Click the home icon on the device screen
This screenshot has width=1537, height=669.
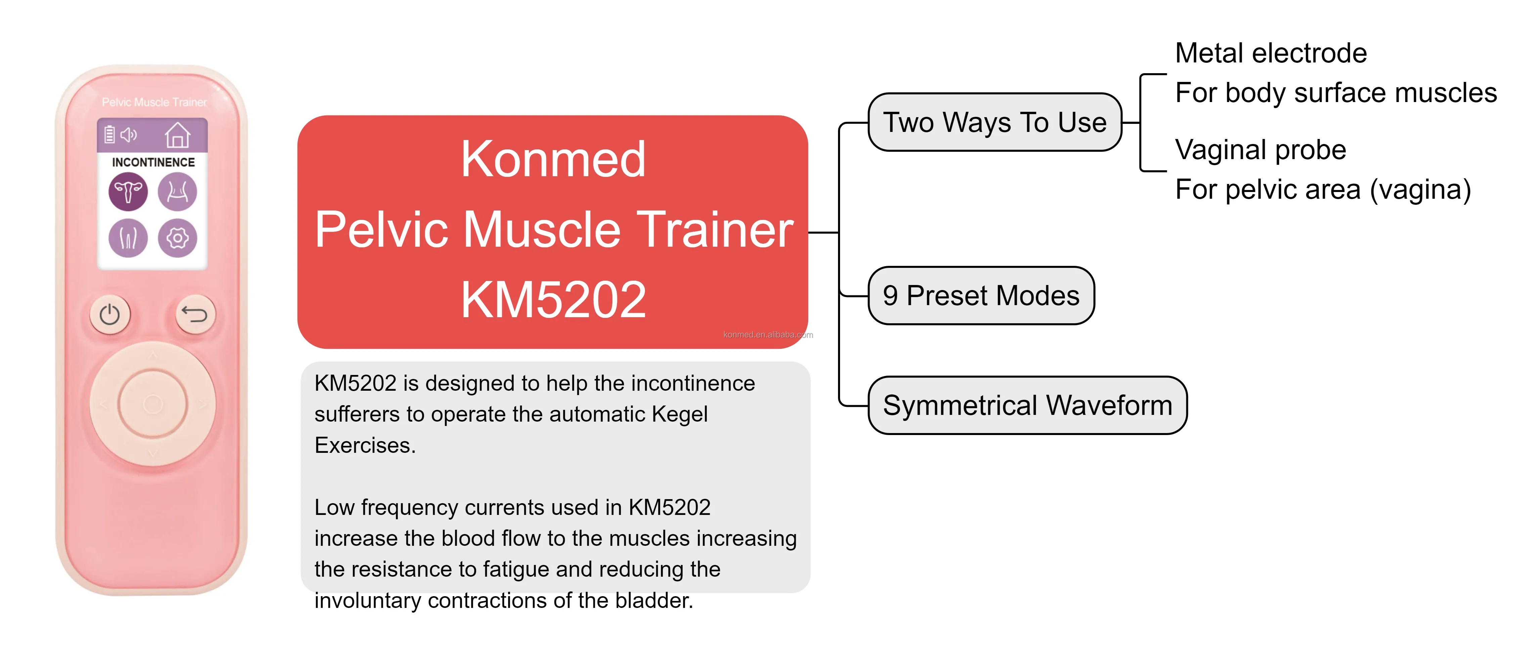click(x=177, y=135)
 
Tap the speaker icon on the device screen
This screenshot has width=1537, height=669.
click(x=128, y=135)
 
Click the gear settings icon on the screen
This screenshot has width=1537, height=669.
click(x=177, y=238)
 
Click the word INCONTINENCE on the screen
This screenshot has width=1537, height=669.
click(x=153, y=162)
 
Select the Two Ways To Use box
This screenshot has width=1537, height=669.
click(x=995, y=122)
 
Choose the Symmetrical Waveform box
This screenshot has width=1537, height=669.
click(x=1027, y=405)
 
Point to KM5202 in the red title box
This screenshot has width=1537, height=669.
click(x=553, y=299)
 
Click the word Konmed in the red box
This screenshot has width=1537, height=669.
click(x=553, y=159)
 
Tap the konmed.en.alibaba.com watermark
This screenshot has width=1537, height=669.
click(x=768, y=334)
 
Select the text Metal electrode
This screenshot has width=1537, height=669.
click(x=1271, y=53)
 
